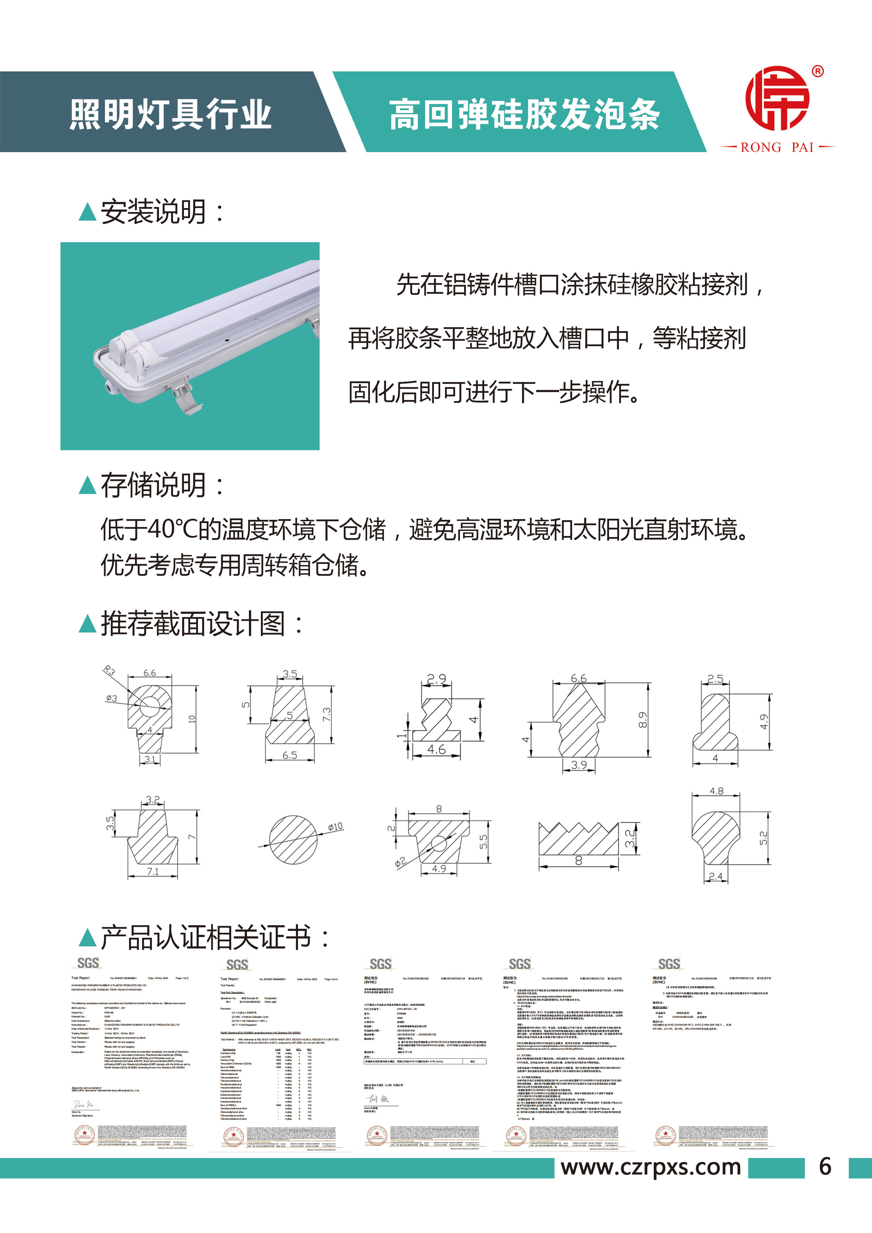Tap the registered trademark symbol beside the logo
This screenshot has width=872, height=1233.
coord(817,71)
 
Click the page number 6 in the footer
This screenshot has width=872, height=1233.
coord(825,1167)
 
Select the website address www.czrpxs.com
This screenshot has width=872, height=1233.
coord(650,1167)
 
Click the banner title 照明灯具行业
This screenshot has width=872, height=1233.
coord(170,114)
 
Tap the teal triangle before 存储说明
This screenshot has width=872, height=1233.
coord(87,485)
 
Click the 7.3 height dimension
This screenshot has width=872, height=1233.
coord(327,714)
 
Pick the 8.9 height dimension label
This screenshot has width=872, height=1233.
coord(643,719)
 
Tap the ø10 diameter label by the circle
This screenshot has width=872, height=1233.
coord(335,827)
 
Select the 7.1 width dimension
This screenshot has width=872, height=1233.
coord(153,871)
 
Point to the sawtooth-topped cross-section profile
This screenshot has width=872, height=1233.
coord(579,839)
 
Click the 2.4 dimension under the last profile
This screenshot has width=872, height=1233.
coord(716,876)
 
